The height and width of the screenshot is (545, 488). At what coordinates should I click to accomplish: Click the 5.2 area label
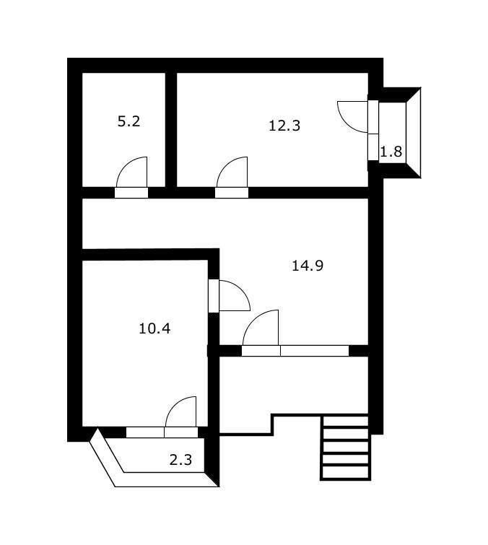(128, 121)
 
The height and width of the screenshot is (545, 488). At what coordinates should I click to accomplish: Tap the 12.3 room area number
(284, 126)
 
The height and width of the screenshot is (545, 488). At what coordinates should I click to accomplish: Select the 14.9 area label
(308, 266)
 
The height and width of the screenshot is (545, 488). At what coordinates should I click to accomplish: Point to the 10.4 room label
(154, 328)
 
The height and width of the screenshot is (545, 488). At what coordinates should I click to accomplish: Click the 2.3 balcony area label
(180, 460)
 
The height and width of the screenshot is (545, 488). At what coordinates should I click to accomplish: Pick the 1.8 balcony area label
(391, 152)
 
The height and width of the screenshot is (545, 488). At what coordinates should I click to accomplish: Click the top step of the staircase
(346, 422)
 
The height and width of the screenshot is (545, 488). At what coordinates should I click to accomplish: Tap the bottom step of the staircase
(346, 472)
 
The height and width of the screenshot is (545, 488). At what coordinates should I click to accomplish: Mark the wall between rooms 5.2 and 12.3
(171, 130)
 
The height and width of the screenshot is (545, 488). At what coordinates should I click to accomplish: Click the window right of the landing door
(314, 351)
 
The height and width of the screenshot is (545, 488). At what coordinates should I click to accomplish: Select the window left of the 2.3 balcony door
(145, 432)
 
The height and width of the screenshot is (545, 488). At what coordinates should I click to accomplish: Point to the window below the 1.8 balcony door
(373, 147)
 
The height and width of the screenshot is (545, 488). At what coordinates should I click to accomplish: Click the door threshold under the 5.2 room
(131, 193)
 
